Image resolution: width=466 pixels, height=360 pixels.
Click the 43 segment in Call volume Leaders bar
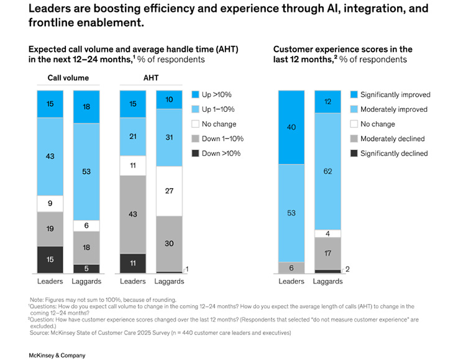click(50, 156)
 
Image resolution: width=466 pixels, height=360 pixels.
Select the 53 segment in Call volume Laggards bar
click(86, 171)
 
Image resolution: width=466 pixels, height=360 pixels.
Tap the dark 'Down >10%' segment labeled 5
click(86, 269)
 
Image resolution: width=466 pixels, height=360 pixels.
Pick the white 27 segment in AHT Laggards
click(169, 191)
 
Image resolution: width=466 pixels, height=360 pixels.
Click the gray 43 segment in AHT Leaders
click(133, 214)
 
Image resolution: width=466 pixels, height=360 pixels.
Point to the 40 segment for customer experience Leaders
click(291, 127)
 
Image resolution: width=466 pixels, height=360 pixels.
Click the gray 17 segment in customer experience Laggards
click(327, 253)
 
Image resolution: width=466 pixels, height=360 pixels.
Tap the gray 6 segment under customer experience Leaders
click(291, 268)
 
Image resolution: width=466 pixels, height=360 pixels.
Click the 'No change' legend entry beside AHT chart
click(215, 124)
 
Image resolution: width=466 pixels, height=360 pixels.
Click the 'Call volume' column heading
click(68, 78)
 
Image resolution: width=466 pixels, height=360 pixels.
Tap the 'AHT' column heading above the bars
click(151, 78)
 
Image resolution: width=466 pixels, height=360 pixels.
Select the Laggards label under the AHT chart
click(169, 281)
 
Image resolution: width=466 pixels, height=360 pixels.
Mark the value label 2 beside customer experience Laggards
click(347, 269)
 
